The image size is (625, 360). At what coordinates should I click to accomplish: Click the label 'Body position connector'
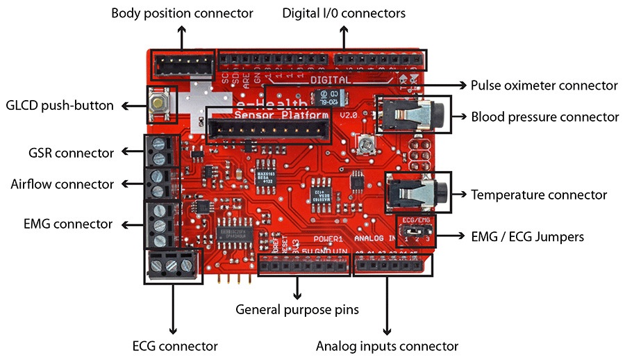click(182, 14)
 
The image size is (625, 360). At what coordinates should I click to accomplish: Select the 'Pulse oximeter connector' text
click(544, 85)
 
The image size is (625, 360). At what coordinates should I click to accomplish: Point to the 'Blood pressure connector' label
click(545, 117)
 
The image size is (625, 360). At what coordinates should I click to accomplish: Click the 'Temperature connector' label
click(539, 195)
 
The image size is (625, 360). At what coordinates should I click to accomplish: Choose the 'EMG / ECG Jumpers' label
click(527, 237)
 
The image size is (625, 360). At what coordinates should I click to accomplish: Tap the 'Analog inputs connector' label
click(387, 345)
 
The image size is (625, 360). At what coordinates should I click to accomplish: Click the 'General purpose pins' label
click(297, 309)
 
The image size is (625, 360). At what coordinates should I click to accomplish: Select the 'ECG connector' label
click(174, 345)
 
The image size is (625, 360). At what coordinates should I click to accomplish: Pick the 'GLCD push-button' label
click(59, 106)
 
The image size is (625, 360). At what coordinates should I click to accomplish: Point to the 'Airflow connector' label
click(62, 184)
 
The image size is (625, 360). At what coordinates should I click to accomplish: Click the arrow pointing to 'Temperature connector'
click(460, 195)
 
